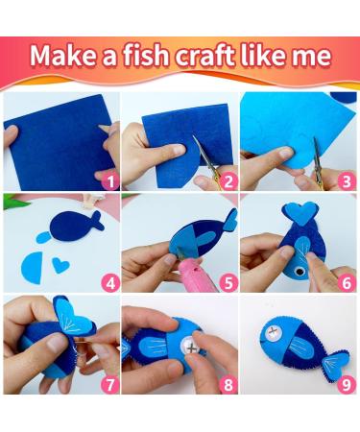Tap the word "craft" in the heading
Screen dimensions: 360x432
(x=205, y=55)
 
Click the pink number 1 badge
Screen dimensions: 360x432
(x=110, y=181)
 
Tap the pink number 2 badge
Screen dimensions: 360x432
(x=228, y=181)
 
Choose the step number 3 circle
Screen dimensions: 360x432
(x=347, y=181)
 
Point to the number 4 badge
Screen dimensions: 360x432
(x=110, y=283)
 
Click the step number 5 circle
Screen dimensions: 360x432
(x=228, y=283)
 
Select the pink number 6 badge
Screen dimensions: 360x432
(x=347, y=283)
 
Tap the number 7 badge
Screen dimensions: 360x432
(x=110, y=385)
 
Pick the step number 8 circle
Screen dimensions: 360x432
(x=228, y=385)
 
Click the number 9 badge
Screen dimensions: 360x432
(x=347, y=385)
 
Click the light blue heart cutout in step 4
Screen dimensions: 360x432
(x=60, y=265)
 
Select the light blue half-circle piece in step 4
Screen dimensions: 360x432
(x=33, y=268)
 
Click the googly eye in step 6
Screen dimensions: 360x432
(x=300, y=271)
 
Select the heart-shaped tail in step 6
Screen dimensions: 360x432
(x=300, y=213)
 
